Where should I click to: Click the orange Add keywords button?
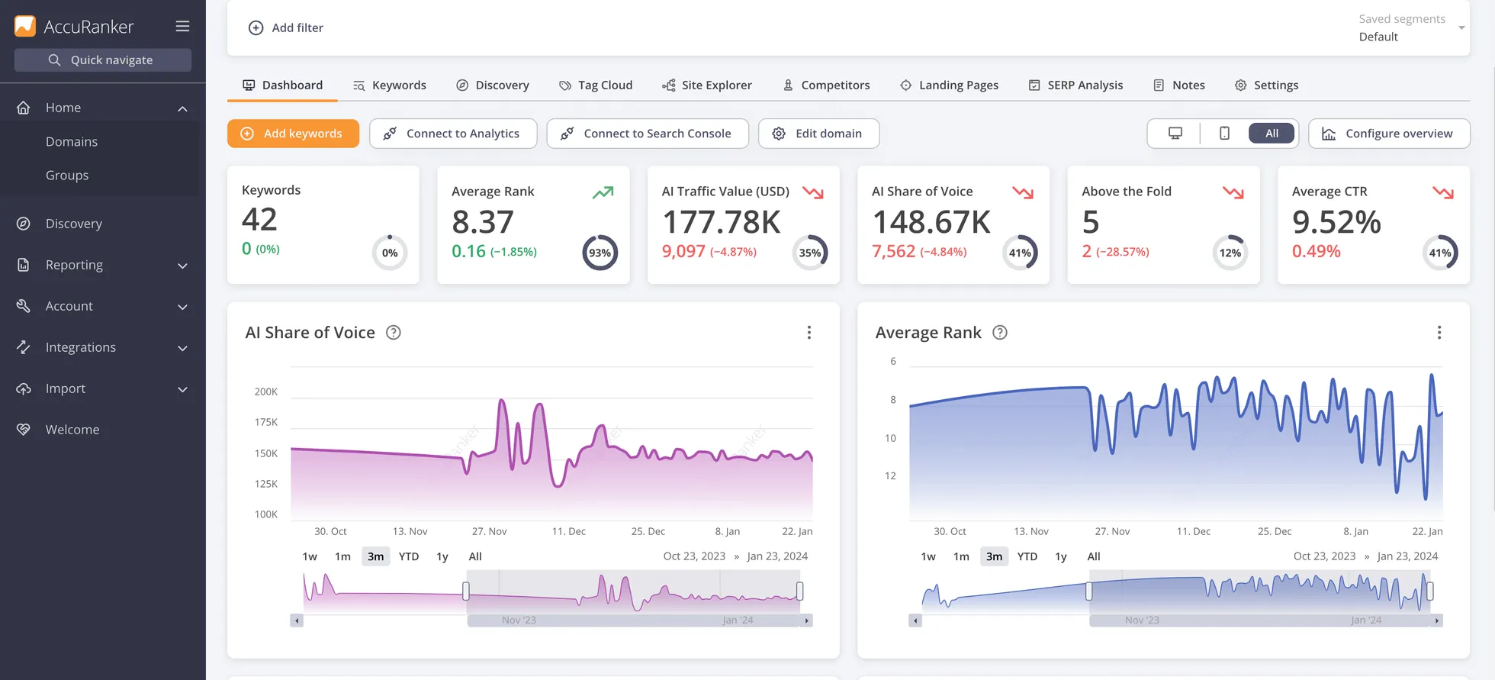pyautogui.click(x=293, y=134)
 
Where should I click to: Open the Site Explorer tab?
pyautogui.click(x=707, y=85)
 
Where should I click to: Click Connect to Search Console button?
pyautogui.click(x=647, y=134)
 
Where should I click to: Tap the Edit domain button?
pyautogui.click(x=818, y=134)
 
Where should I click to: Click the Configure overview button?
pyautogui.click(x=1389, y=134)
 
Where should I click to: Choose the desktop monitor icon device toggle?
pyautogui.click(x=1175, y=134)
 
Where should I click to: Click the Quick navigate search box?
pyautogui.click(x=103, y=60)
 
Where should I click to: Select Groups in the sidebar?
pyautogui.click(x=67, y=175)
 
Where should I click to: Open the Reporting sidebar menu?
pyautogui.click(x=74, y=265)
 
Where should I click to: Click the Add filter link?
pyautogui.click(x=286, y=27)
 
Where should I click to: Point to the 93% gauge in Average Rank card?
pyautogui.click(x=600, y=253)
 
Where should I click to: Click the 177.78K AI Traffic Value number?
pyautogui.click(x=721, y=222)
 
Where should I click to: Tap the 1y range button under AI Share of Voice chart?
pyautogui.click(x=442, y=556)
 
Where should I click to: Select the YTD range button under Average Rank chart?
pyautogui.click(x=1027, y=556)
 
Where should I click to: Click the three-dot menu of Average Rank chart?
pyautogui.click(x=1439, y=332)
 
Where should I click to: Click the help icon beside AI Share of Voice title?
pyautogui.click(x=393, y=332)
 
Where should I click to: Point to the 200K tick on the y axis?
pyautogui.click(x=266, y=392)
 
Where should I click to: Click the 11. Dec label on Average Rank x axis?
pyautogui.click(x=1193, y=531)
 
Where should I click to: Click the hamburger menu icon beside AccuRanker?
pyautogui.click(x=182, y=26)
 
